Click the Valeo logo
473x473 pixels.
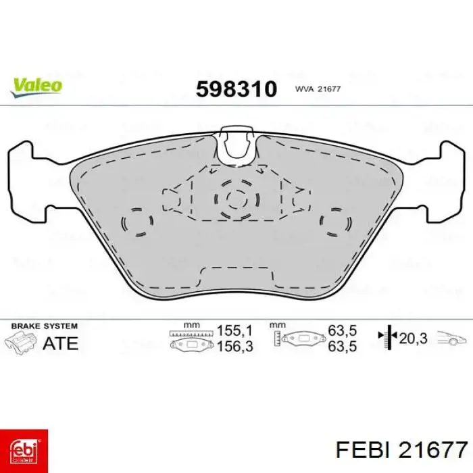click(x=36, y=87)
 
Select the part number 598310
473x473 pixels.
click(x=236, y=89)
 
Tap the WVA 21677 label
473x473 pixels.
click(x=318, y=89)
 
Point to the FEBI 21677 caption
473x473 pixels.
click(x=401, y=450)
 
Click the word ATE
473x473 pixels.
click(x=60, y=343)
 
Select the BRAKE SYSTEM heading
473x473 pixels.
click(x=45, y=326)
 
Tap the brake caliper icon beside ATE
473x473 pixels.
click(x=20, y=343)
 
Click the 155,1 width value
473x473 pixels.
click(x=234, y=330)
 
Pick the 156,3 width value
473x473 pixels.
click(x=234, y=346)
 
